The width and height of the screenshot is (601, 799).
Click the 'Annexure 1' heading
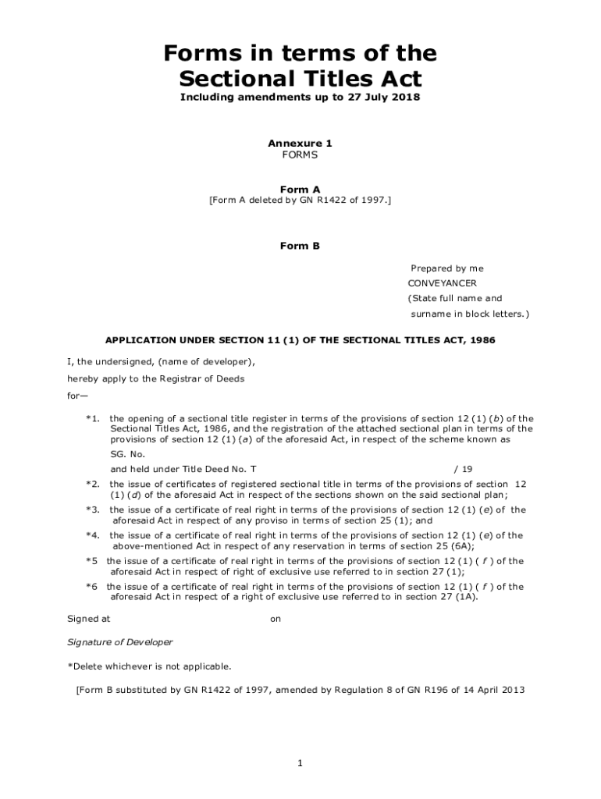300,144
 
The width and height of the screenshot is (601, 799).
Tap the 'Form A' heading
300,189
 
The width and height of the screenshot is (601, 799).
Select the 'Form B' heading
300,246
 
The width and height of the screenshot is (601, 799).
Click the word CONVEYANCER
442,283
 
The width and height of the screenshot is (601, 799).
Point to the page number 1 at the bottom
300,763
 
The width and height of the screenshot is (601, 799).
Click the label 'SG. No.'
128,454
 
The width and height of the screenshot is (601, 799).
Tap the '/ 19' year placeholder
463,470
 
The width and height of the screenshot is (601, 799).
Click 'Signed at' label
89,619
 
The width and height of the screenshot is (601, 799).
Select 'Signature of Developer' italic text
120,642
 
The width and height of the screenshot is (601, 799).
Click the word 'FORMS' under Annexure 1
300,155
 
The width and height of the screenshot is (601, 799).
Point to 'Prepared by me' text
447,268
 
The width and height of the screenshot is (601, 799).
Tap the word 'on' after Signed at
276,619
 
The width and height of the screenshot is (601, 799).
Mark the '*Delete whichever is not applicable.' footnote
149,666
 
